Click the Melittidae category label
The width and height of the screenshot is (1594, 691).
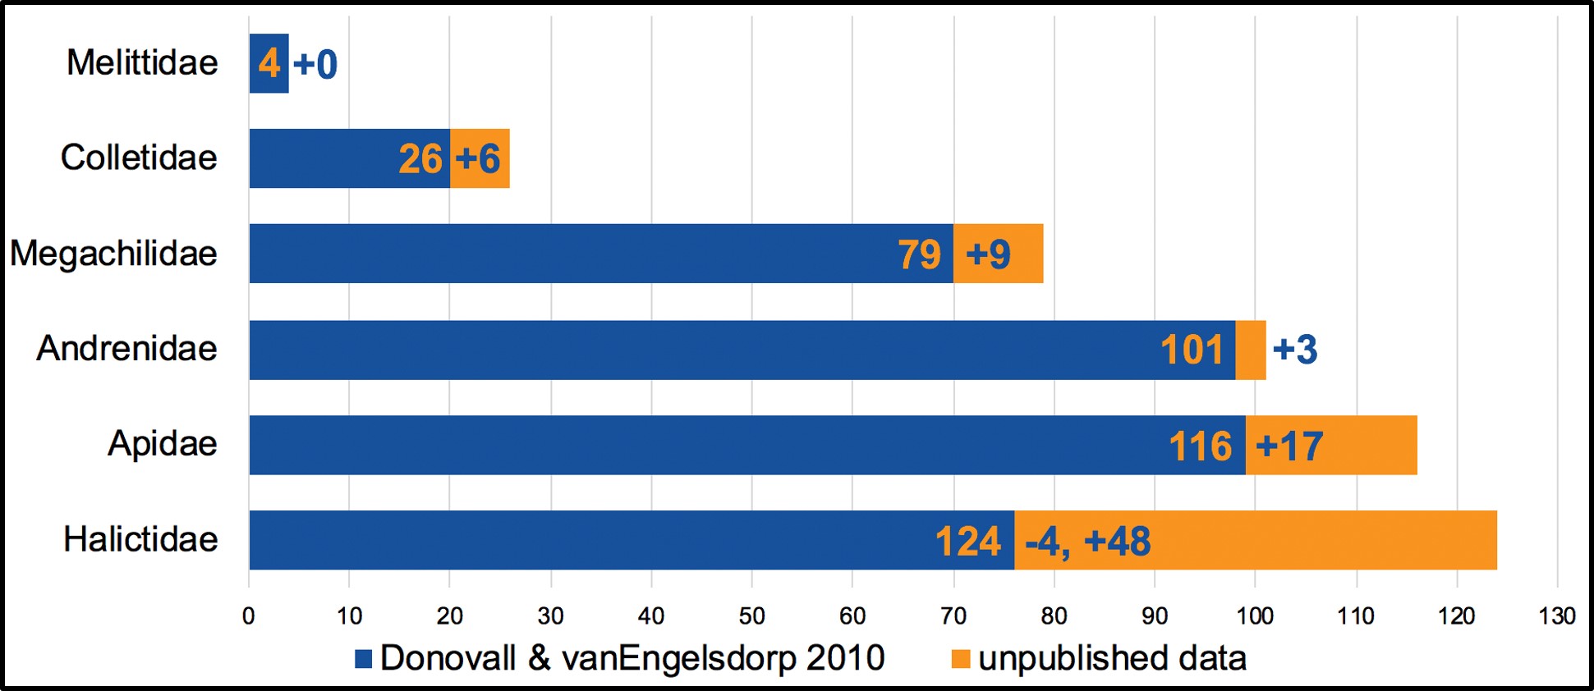tap(142, 63)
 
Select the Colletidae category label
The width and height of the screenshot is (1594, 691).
tap(139, 158)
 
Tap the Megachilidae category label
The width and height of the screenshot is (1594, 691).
tap(113, 254)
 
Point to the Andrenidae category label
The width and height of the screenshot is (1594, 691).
tap(126, 349)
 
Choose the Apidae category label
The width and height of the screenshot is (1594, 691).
tap(163, 444)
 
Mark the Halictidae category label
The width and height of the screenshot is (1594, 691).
tap(140, 540)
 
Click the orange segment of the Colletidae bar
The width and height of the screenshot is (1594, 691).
tap(480, 158)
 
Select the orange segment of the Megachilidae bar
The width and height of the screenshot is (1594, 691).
tap(998, 254)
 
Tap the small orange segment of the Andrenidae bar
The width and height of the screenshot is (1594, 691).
tap(1251, 350)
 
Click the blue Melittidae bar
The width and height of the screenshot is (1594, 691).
tap(269, 63)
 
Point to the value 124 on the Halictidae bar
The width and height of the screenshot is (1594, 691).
tap(968, 542)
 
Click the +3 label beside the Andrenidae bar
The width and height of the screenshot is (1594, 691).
tap(1295, 350)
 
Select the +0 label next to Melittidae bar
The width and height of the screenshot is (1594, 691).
tap(315, 64)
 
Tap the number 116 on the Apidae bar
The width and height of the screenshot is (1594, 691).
tap(1201, 446)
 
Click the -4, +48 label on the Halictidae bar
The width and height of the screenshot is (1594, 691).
tap(1088, 542)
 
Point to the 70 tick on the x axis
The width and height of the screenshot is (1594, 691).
tap(953, 615)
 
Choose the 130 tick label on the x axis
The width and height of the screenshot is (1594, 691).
tap(1557, 615)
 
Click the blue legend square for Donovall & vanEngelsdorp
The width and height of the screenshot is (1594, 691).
tap(363, 659)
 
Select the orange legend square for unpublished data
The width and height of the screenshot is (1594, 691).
tap(960, 659)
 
